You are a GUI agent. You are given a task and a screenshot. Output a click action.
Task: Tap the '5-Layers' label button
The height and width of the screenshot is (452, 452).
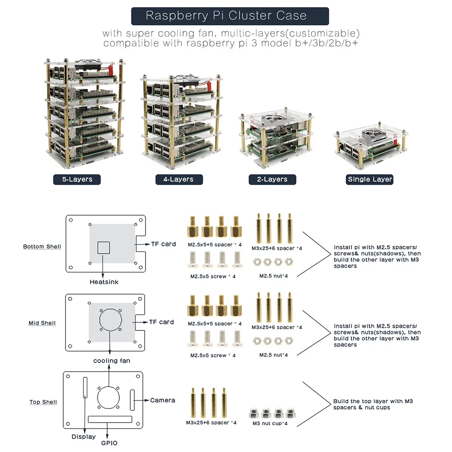click(77, 179)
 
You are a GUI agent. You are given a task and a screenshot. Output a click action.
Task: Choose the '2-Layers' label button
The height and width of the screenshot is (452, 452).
click(272, 179)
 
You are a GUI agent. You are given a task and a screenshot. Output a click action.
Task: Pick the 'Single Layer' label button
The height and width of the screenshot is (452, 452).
click(370, 179)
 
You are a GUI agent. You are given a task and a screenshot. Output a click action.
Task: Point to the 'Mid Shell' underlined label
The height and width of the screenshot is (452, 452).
click(42, 323)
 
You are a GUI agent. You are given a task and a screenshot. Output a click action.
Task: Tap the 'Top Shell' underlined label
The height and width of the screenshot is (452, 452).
click(43, 402)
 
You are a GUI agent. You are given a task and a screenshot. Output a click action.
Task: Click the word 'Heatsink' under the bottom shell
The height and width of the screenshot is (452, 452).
click(104, 282)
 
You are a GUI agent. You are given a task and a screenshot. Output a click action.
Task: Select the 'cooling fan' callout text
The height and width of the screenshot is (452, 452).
click(112, 361)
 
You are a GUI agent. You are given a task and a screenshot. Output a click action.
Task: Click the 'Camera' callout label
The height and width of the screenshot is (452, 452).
click(163, 400)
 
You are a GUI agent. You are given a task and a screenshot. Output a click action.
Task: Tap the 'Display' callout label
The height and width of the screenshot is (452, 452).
click(84, 437)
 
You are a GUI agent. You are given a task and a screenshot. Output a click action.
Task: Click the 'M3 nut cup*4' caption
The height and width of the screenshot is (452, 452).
click(270, 424)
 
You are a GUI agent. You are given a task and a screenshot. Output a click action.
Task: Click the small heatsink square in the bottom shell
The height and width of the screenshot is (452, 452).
click(104, 247)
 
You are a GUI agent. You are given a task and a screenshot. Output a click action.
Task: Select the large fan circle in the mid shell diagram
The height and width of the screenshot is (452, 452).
click(111, 321)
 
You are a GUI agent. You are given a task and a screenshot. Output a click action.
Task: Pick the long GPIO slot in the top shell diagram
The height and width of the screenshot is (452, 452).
click(111, 419)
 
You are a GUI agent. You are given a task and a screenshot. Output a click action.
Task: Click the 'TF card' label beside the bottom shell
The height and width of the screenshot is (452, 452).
click(163, 244)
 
